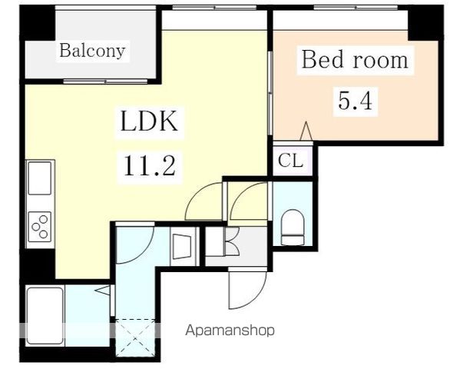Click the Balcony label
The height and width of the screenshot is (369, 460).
click(92, 51)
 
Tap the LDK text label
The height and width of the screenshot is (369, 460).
click(149, 121)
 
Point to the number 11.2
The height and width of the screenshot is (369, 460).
click(150, 166)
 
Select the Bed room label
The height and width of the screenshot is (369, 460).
click(355, 60)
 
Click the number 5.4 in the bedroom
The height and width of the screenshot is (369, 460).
click(355, 101)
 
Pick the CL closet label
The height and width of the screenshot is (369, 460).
click(290, 161)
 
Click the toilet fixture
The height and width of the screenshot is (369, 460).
click(293, 227)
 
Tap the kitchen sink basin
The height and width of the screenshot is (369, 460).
click(40, 178)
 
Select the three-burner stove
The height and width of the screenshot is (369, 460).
click(40, 227)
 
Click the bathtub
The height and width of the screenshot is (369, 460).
click(45, 316)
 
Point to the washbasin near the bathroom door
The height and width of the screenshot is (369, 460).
click(182, 247)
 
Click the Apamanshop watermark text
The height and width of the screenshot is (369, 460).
click(230, 331)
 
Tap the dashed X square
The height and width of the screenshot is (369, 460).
click(135, 337)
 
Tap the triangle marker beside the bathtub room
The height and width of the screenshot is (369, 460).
click(103, 291)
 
